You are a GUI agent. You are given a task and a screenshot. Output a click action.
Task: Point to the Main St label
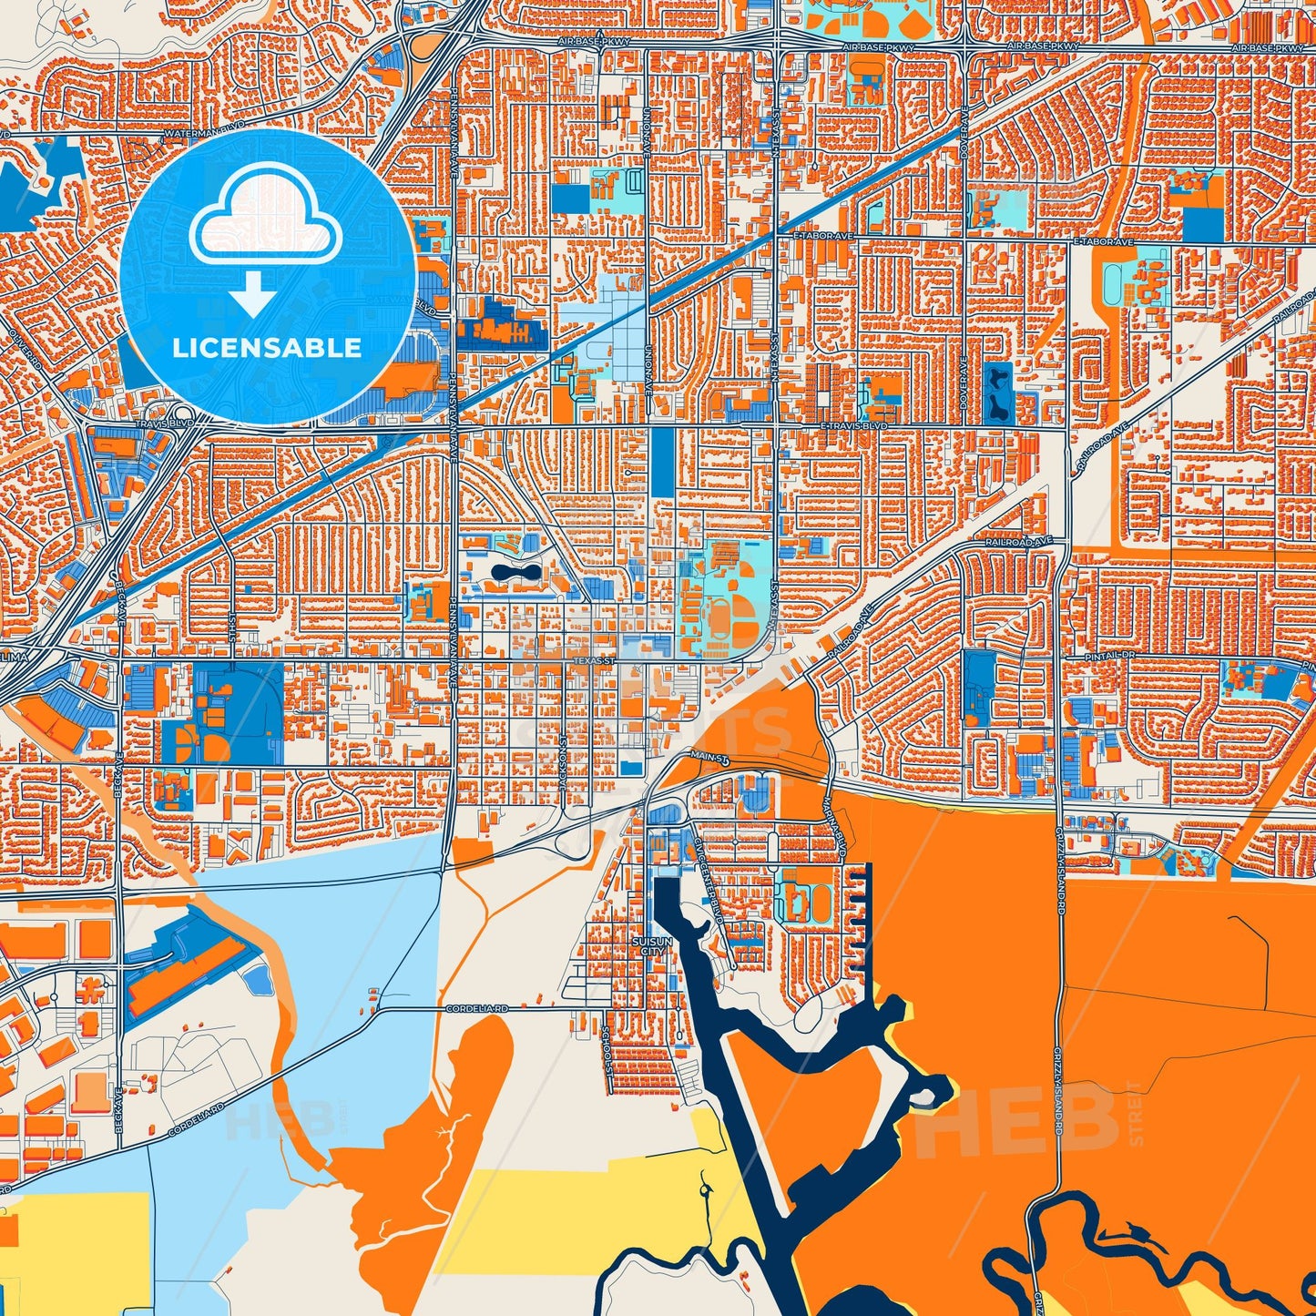(x=704, y=756)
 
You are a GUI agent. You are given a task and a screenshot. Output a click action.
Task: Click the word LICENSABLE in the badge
(x=267, y=347)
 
